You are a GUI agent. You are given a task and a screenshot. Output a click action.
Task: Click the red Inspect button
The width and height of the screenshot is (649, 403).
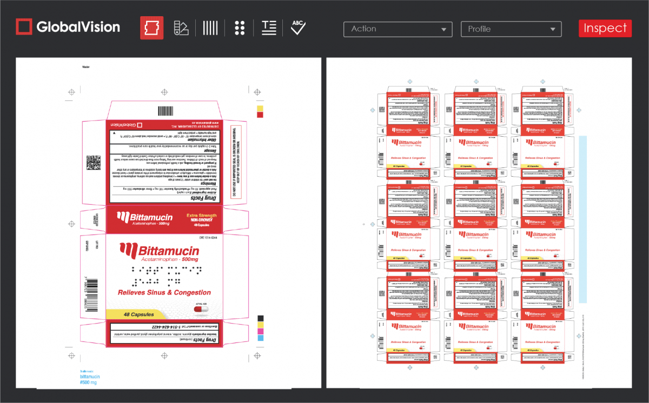tap(605, 28)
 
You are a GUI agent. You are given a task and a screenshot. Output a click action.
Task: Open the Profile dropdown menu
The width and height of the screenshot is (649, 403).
tap(511, 29)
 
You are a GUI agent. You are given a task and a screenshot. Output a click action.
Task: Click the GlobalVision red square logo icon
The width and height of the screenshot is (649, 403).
tap(24, 26)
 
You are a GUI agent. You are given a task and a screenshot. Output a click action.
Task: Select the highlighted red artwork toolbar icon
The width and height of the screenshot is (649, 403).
tap(151, 28)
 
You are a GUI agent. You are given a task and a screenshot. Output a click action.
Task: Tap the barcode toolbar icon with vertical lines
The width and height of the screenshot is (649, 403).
tap(210, 28)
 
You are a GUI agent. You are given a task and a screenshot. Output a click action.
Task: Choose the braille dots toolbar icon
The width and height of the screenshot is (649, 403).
tap(240, 28)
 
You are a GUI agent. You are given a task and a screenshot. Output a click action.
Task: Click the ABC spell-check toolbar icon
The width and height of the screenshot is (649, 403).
tap(298, 28)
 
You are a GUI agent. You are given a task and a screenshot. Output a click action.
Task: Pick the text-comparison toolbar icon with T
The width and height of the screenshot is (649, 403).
tap(269, 28)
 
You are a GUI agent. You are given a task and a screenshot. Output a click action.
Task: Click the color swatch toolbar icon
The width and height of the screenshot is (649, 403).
tap(181, 28)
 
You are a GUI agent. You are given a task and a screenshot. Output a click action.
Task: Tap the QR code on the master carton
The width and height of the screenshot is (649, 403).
tap(94, 163)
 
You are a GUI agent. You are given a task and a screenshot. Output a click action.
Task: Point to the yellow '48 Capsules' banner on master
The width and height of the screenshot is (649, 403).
tap(140, 314)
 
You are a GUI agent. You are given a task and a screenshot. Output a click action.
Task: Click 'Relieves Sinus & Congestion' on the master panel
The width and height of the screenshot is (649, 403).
tap(164, 292)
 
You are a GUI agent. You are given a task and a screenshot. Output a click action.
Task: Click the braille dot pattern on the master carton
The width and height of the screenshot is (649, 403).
tap(157, 275)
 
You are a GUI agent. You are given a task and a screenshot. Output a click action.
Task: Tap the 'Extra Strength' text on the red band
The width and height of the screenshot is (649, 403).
tap(201, 215)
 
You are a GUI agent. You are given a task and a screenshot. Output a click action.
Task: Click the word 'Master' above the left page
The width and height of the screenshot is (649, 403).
tap(85, 67)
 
